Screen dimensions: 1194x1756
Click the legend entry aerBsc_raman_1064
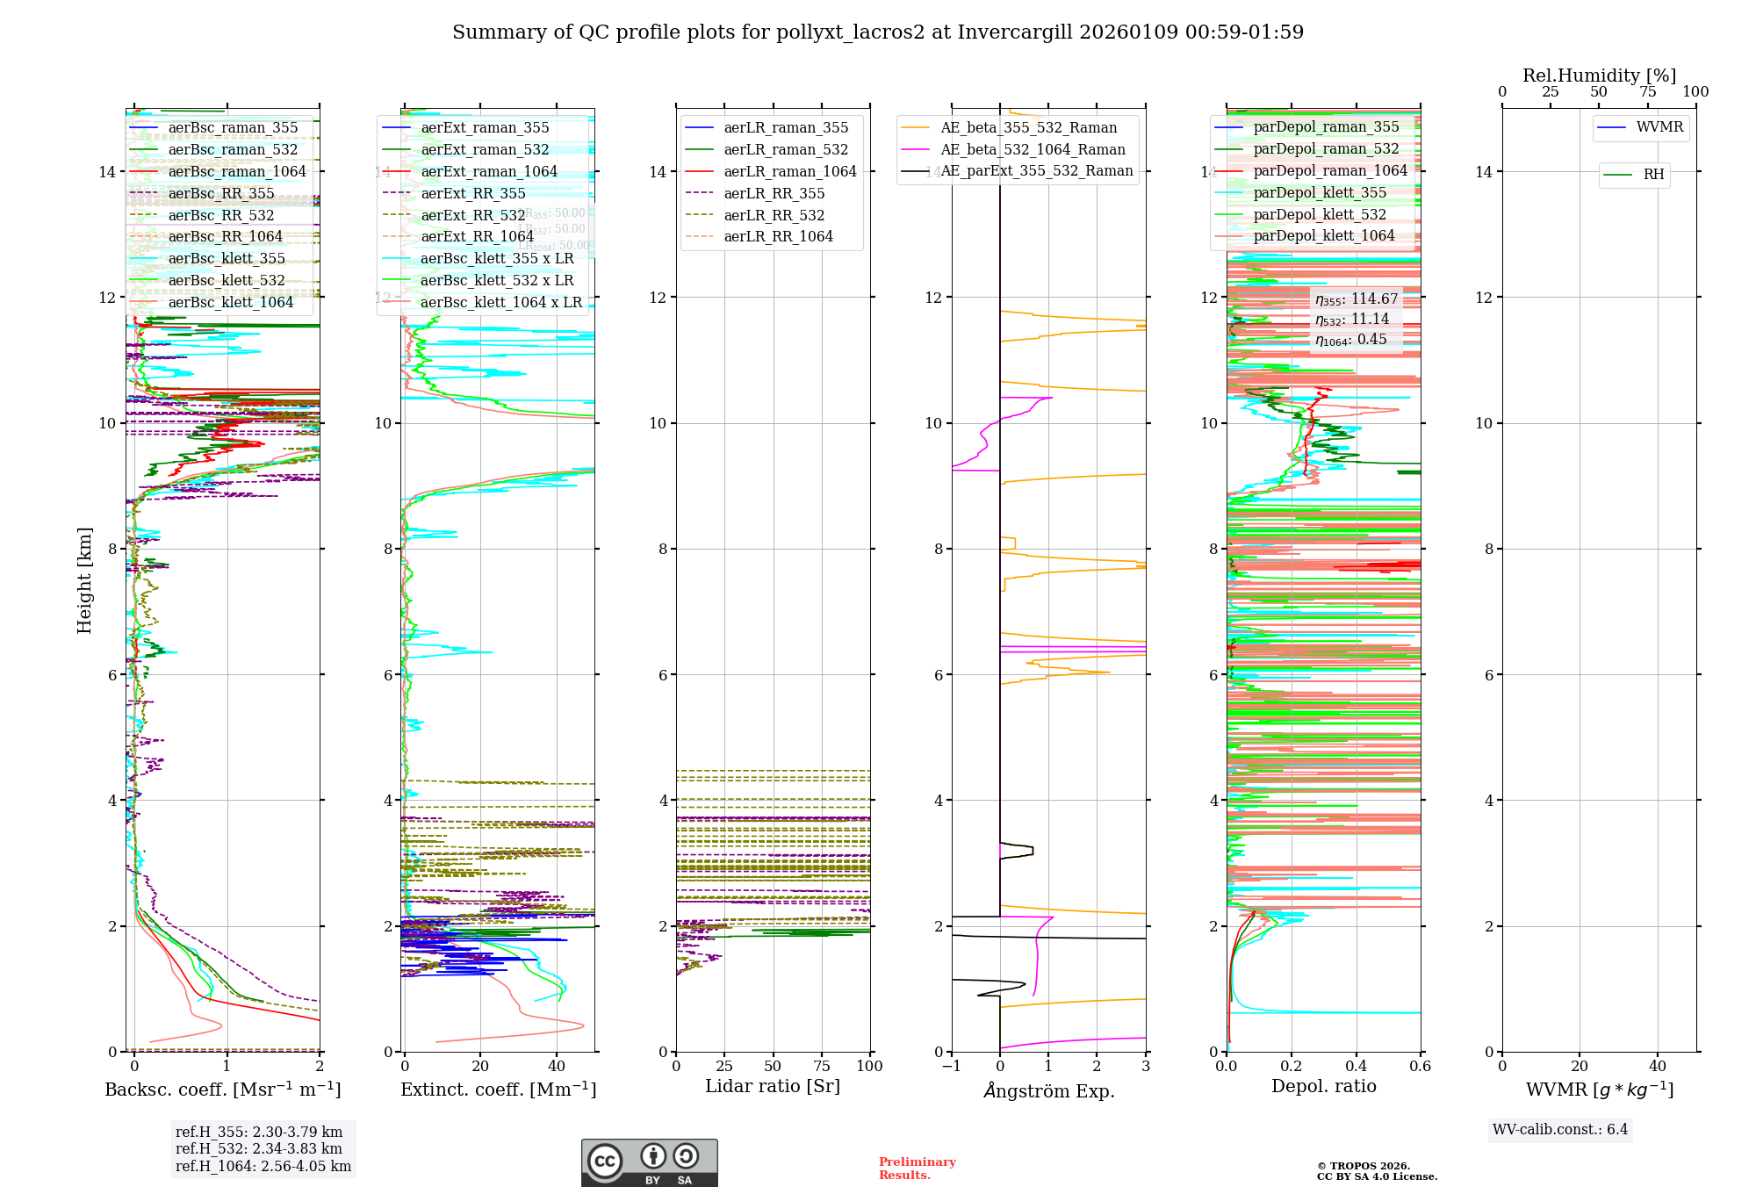237,171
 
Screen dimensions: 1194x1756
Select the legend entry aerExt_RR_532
472,215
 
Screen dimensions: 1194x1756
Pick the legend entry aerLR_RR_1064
778,236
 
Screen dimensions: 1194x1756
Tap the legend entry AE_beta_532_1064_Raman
1033,149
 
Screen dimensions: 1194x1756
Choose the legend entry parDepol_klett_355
1320,192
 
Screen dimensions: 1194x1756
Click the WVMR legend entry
1659,127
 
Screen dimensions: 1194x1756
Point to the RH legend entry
1653,175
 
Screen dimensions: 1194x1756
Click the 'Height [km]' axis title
84,580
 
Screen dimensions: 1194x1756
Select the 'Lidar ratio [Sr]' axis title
773,1086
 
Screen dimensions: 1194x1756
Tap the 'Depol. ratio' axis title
1323,1086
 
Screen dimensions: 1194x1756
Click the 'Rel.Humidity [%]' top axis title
1599,76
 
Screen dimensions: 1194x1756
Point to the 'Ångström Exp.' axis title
1048,1090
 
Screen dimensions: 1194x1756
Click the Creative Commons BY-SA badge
649,1163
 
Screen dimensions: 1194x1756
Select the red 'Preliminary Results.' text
917,1169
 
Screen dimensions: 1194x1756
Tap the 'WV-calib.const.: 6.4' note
1559,1130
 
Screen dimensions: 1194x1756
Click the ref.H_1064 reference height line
263,1167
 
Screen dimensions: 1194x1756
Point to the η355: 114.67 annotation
1356,299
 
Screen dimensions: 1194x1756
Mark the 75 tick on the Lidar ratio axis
822,1067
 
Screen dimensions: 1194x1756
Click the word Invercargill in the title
1015,32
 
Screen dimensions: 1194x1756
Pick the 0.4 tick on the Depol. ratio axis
1356,1067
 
